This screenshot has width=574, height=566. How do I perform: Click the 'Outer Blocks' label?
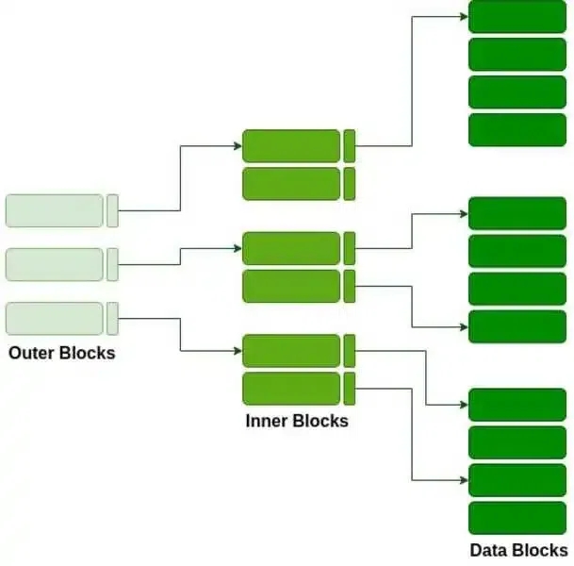coord(61,354)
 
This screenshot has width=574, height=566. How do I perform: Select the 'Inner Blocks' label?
coord(296,421)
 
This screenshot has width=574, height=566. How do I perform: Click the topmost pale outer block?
coord(55,210)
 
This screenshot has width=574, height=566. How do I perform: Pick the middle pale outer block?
coord(55,264)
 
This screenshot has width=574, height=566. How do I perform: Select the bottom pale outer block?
coord(55,318)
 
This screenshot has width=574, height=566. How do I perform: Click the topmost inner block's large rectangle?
coord(290,146)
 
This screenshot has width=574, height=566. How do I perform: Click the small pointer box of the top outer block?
coord(112,210)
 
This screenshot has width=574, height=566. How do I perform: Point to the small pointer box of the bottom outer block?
coord(112,318)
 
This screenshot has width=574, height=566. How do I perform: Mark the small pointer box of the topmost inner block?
coord(350,146)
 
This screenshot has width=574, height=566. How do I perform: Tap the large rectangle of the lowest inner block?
coord(290,388)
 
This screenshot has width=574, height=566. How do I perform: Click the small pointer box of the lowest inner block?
coord(350,388)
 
